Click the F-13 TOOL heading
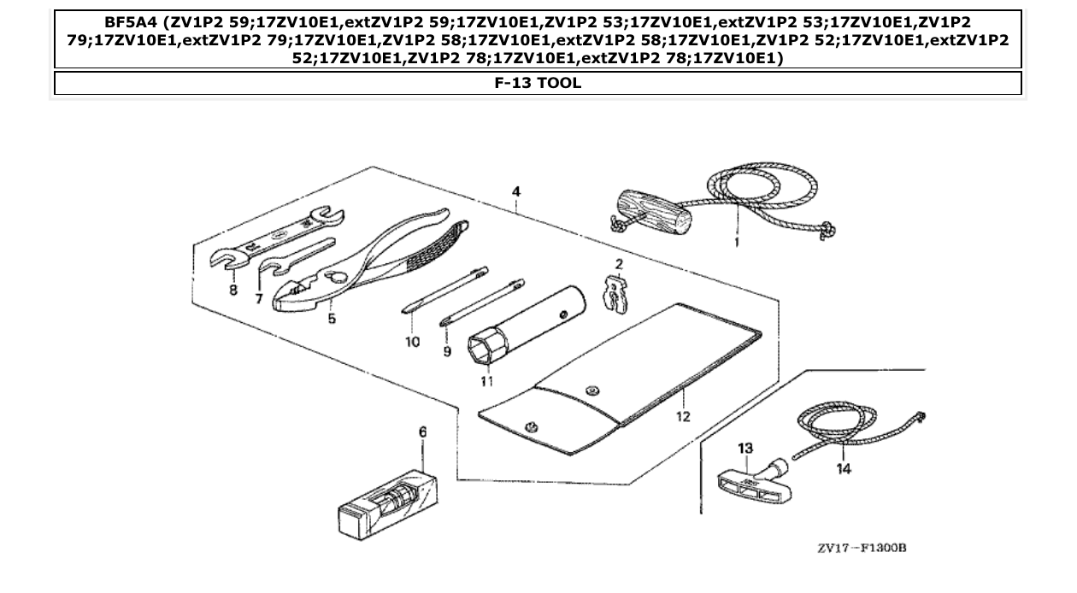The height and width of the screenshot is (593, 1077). point(538,83)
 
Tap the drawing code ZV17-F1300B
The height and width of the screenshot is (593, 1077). point(861,548)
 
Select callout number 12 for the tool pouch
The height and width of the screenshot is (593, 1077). point(683,416)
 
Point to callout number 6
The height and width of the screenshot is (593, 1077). point(422,432)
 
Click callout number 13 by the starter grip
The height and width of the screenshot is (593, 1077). point(746,448)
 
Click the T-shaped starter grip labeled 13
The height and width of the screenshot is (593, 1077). point(744,481)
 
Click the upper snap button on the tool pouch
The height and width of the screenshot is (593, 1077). point(591,391)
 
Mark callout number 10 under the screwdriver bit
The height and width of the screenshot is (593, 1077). point(413,342)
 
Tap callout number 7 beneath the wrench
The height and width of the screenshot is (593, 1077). point(259,299)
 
